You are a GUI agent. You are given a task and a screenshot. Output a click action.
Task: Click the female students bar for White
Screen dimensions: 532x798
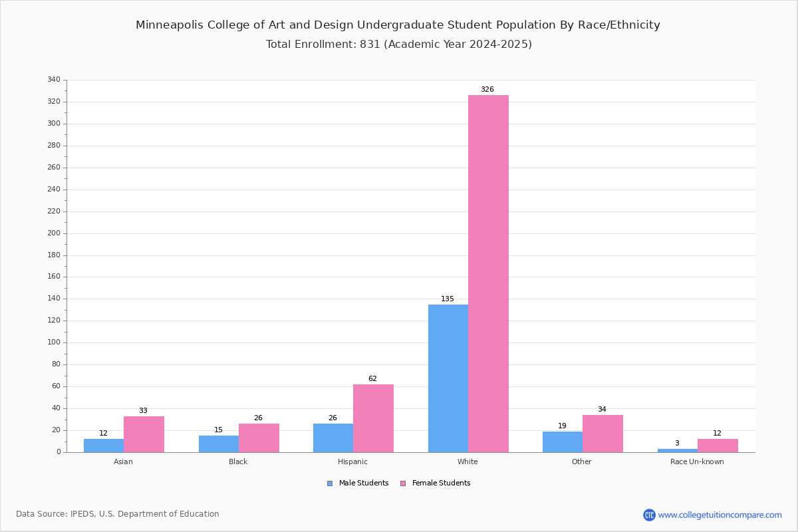tap(488, 273)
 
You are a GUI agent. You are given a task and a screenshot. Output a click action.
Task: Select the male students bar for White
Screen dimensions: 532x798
tap(448, 378)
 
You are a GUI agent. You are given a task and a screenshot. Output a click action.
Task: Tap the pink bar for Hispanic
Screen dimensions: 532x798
tap(373, 418)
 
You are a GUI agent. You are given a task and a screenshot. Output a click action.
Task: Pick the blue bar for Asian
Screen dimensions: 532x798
tap(104, 446)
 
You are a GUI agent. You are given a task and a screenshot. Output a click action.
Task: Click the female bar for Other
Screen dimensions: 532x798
tap(602, 434)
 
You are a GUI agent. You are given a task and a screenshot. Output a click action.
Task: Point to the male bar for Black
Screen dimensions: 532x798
tap(218, 444)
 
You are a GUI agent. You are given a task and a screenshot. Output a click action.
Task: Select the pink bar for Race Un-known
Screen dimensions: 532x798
tap(718, 446)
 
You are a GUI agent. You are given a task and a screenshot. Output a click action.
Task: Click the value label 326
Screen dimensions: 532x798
tap(487, 89)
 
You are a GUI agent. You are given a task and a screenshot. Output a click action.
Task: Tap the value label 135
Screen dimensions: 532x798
tap(448, 299)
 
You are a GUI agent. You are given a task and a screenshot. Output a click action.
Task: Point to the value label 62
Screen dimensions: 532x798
tap(372, 378)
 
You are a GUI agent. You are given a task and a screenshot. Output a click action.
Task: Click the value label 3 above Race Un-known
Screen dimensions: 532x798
tap(677, 443)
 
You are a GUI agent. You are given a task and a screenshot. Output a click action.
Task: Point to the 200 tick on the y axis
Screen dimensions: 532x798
tap(54, 233)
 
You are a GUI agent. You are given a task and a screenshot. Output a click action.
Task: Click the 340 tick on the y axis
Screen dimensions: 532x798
tap(54, 80)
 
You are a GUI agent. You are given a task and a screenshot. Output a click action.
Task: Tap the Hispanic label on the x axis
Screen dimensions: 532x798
tap(352, 462)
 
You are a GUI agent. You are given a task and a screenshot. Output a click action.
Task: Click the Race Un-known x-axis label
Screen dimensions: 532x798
tap(697, 462)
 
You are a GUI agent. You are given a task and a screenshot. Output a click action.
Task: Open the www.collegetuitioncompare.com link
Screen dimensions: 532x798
tap(720, 515)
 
